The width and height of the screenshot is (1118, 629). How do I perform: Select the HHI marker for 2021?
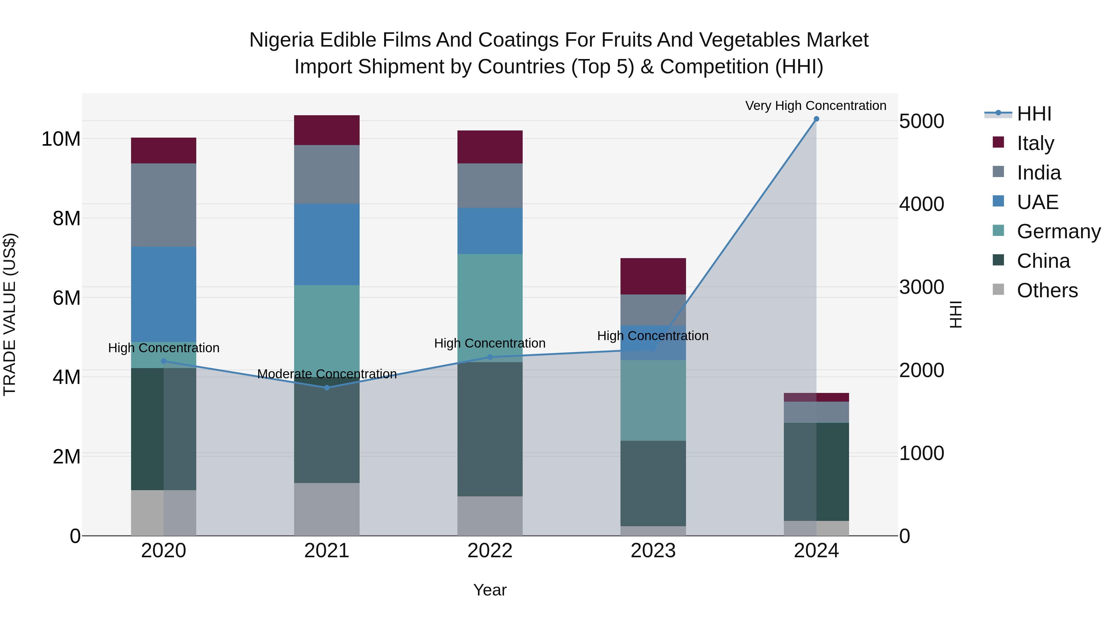[x=327, y=388]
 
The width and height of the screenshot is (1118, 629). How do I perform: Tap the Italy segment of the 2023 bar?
[x=653, y=276]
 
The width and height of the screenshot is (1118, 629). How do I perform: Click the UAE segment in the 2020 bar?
[x=164, y=294]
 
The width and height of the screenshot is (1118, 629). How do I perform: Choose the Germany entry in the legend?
[x=1059, y=231]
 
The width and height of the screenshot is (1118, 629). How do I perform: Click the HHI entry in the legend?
[x=1034, y=114]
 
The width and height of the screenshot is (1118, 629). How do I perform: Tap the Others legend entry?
[x=1047, y=290]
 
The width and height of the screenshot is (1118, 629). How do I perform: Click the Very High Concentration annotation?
[x=816, y=106]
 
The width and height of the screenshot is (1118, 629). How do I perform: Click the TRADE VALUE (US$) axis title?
[x=10, y=314]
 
